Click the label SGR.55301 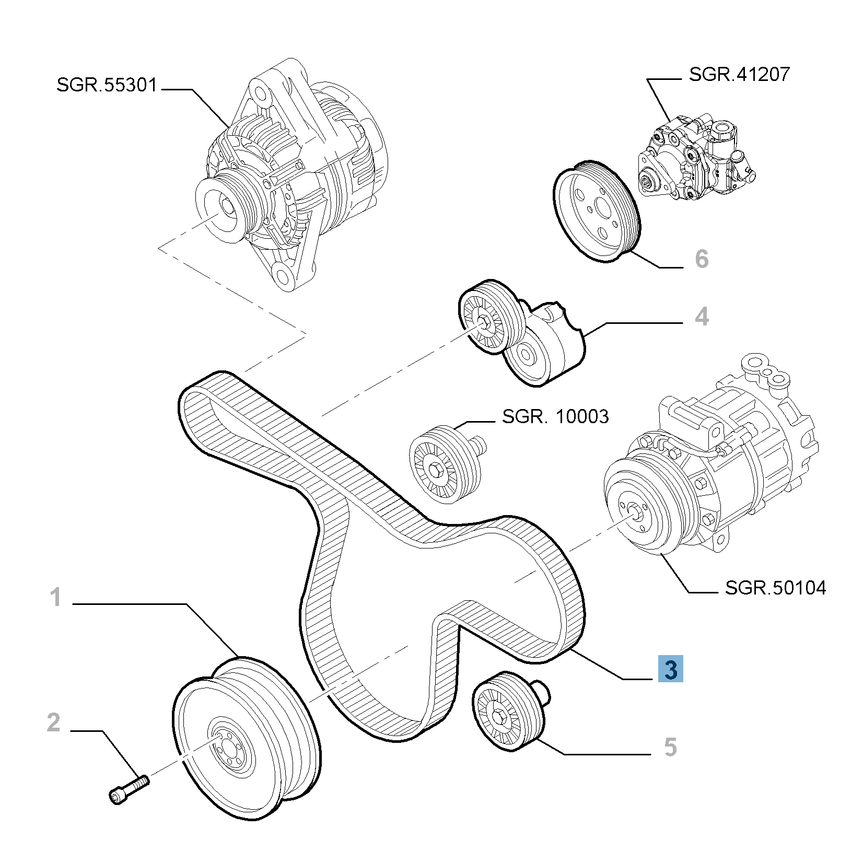(107, 85)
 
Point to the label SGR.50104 (776, 588)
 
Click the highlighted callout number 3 (671, 669)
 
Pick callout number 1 (56, 597)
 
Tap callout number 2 (54, 722)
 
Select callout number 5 (670, 747)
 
